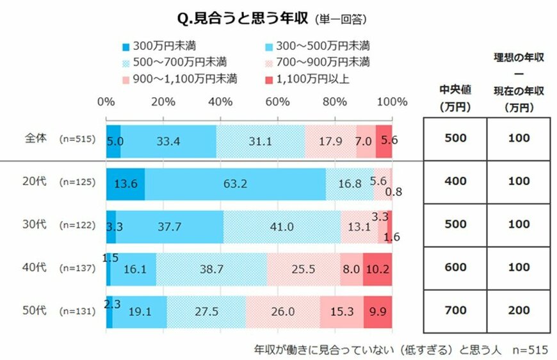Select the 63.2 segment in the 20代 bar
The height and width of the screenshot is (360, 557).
tap(235, 182)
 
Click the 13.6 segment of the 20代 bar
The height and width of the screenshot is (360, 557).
tap(125, 182)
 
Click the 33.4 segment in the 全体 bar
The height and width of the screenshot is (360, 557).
tap(168, 139)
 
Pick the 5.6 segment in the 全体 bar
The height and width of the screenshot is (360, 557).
tap(384, 139)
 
